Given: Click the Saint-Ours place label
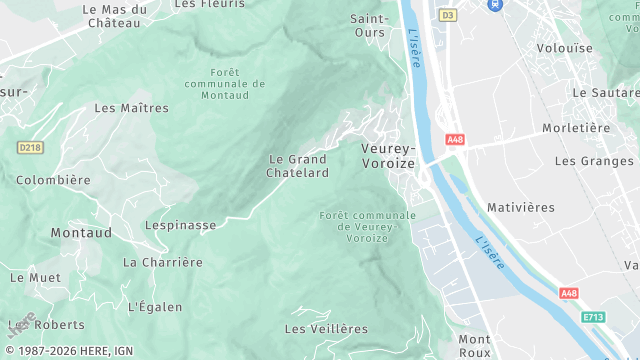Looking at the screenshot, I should click(x=371, y=25).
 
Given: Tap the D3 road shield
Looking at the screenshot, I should click(x=447, y=15).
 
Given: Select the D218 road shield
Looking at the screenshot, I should click(x=31, y=147).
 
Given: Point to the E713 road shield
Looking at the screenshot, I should click(x=594, y=317).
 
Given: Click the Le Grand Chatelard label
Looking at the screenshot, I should click(x=297, y=166).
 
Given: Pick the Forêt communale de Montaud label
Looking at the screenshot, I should click(x=225, y=85).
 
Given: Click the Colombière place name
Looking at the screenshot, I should click(x=53, y=180).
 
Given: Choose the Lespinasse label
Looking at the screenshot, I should click(x=180, y=225).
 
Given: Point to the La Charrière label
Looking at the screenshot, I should click(x=162, y=262).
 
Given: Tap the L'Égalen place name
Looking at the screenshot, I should click(x=154, y=306).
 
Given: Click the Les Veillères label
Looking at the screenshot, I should click(x=326, y=328).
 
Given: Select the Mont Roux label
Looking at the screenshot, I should click(x=474, y=345).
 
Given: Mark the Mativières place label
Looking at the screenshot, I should click(x=520, y=207).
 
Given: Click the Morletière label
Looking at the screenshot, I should click(x=576, y=128).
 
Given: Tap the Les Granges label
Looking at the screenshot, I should click(x=594, y=160).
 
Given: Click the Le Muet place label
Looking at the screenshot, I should click(x=35, y=277).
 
